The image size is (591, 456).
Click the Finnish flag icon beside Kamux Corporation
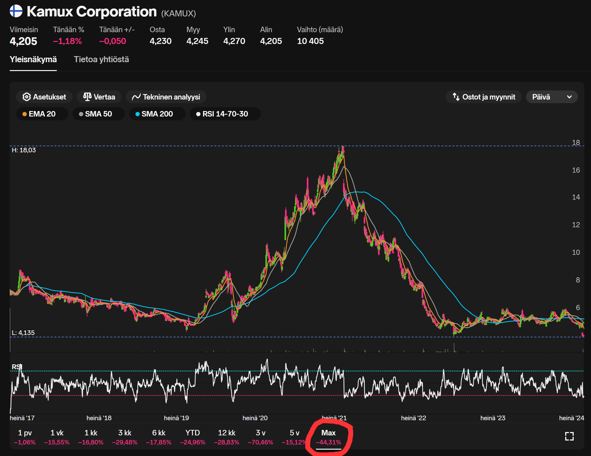pyautogui.click(x=16, y=11)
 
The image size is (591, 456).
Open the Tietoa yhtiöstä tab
pyautogui.click(x=101, y=59)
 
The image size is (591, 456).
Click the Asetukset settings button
pyautogui.click(x=44, y=97)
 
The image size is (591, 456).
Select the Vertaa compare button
pyautogui.click(x=99, y=97)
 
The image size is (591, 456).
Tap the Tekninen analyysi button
pyautogui.click(x=166, y=97)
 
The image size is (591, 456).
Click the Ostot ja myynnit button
pyautogui.click(x=484, y=97)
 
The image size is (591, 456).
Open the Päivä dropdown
pyautogui.click(x=552, y=97)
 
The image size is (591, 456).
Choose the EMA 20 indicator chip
pyautogui.click(x=42, y=114)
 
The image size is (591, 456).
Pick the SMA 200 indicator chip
pyautogui.click(x=157, y=114)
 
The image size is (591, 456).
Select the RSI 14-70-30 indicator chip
pyautogui.click(x=225, y=114)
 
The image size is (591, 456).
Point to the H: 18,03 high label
pyautogui.click(x=24, y=150)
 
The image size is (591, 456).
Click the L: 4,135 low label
pyautogui.click(x=23, y=333)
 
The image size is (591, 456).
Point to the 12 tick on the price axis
pyautogui.click(x=576, y=225)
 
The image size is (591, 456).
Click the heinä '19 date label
pyautogui.click(x=176, y=418)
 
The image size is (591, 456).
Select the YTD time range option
pyautogui.click(x=193, y=437)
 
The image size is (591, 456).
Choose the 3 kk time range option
pyautogui.click(x=125, y=437)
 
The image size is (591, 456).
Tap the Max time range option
pyautogui.click(x=329, y=437)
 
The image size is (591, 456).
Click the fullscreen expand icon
pyautogui.click(x=569, y=436)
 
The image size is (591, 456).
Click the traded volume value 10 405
pyautogui.click(x=310, y=41)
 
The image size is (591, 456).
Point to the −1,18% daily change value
pyautogui.click(x=67, y=41)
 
